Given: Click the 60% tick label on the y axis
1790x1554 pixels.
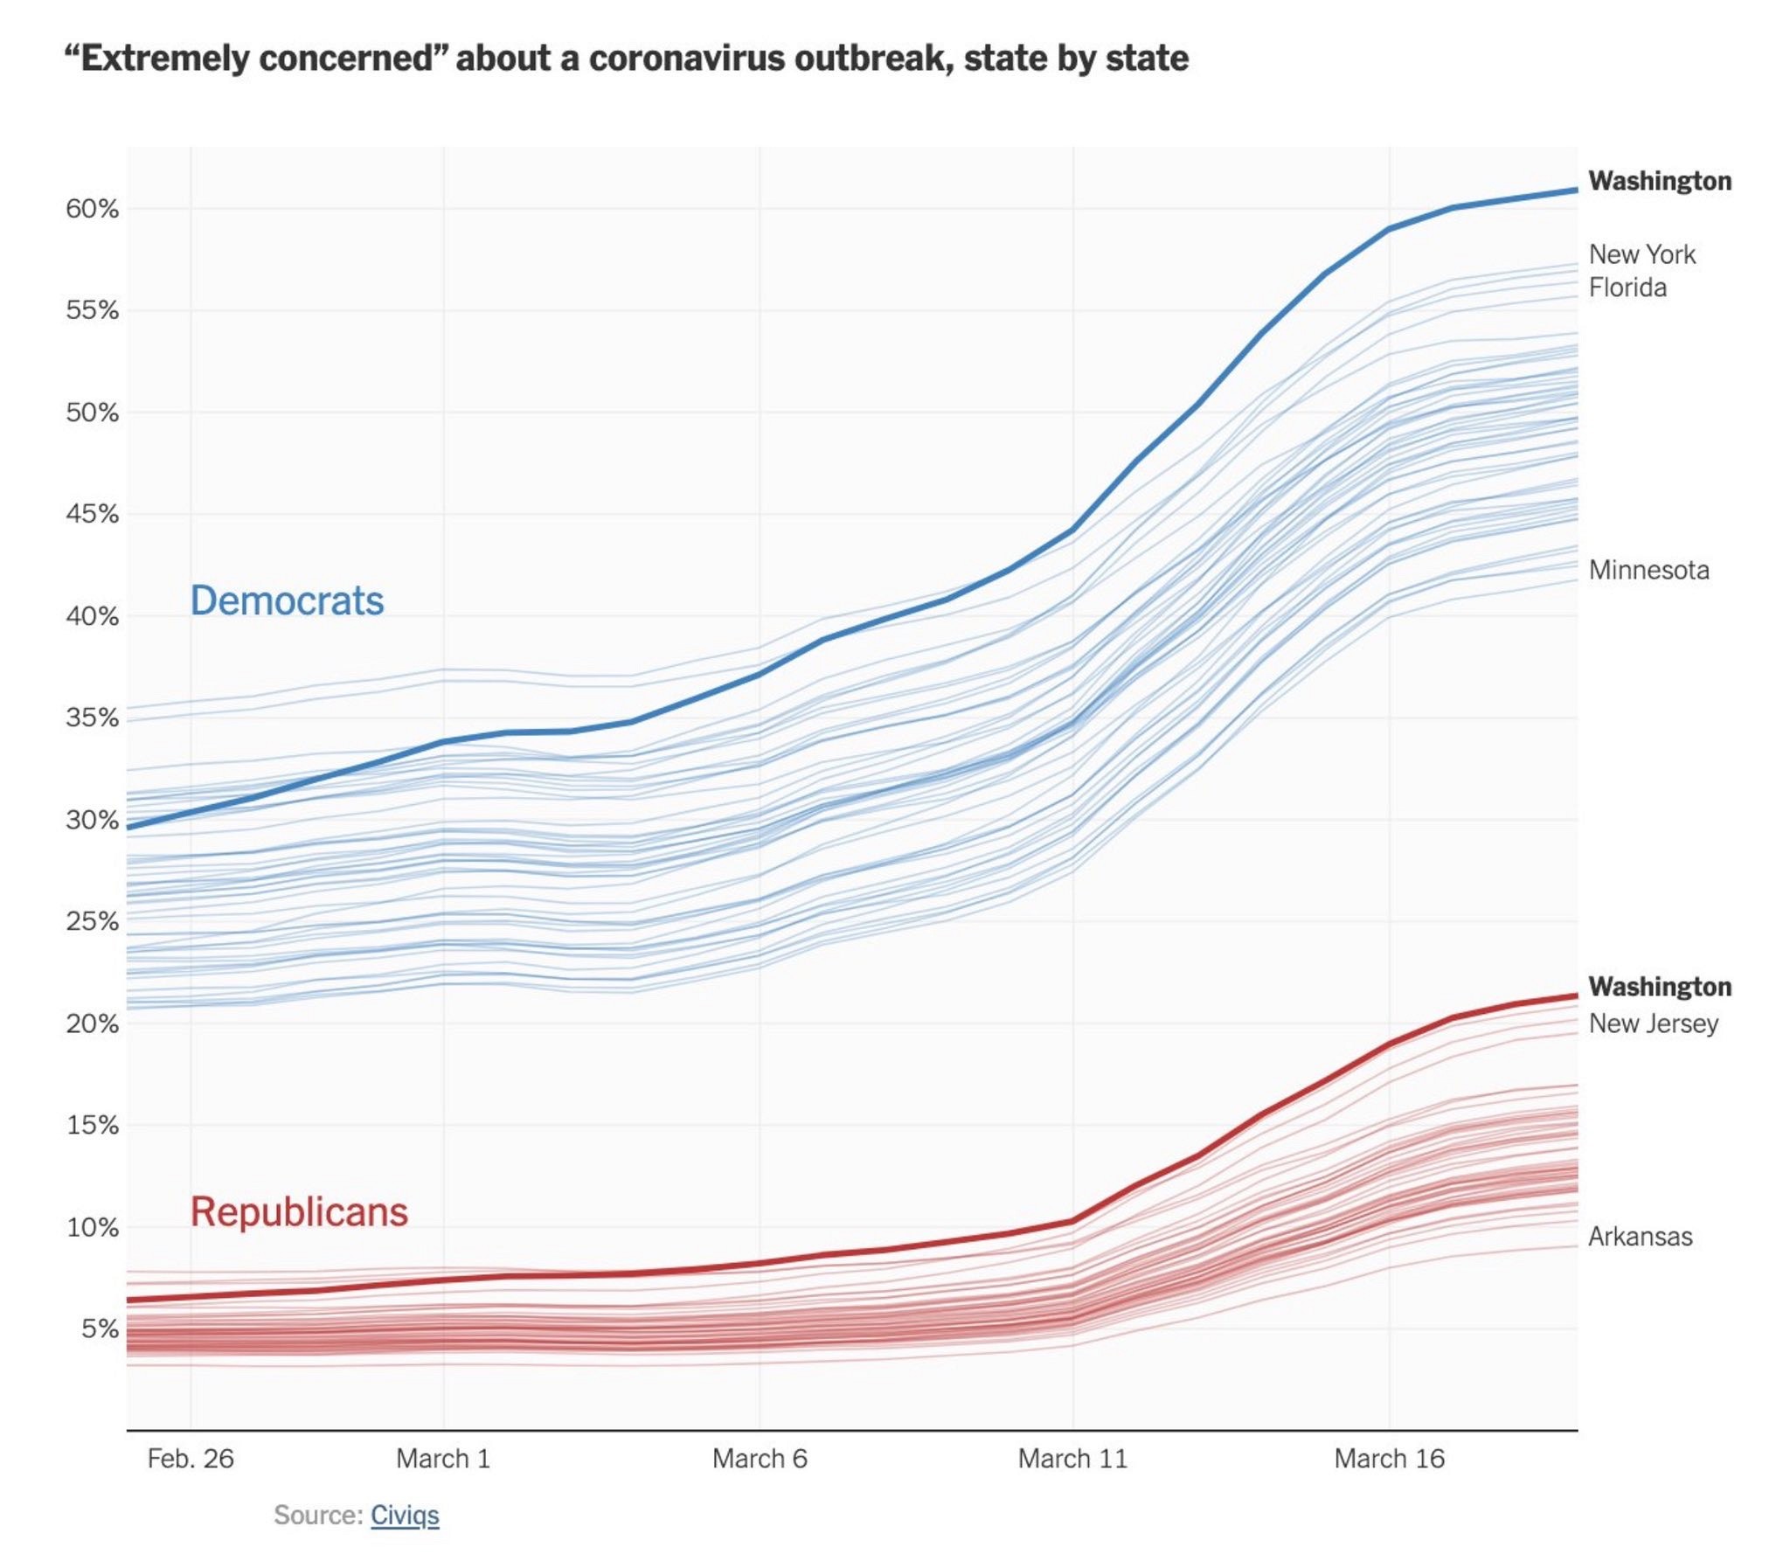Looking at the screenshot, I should click(x=92, y=209).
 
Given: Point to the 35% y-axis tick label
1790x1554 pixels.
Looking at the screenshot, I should click(x=92, y=718).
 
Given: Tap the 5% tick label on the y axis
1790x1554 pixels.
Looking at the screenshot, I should click(x=100, y=1329).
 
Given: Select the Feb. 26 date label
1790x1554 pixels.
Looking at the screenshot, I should click(x=191, y=1459).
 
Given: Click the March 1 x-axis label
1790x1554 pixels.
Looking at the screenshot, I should click(x=443, y=1459).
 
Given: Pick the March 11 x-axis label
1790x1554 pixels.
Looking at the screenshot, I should click(x=1072, y=1459).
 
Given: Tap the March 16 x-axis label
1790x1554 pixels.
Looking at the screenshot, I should click(x=1389, y=1459).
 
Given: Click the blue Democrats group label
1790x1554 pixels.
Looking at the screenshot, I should click(x=287, y=600).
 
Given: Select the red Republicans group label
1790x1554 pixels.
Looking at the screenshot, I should click(x=299, y=1211).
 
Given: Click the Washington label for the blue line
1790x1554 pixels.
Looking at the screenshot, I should click(x=1660, y=181).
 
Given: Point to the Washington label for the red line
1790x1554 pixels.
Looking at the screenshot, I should click(x=1660, y=987).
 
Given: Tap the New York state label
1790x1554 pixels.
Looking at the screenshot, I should click(x=1641, y=254).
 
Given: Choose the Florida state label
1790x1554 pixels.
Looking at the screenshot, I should click(x=1627, y=288).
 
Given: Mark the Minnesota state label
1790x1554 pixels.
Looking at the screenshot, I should click(x=1648, y=570).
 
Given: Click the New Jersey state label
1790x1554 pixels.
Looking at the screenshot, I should click(x=1653, y=1023).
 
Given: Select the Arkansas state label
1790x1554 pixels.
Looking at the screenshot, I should click(x=1640, y=1237).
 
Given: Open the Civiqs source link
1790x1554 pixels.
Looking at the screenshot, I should click(x=405, y=1515).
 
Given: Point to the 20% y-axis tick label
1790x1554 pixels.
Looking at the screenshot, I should click(x=92, y=1023).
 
